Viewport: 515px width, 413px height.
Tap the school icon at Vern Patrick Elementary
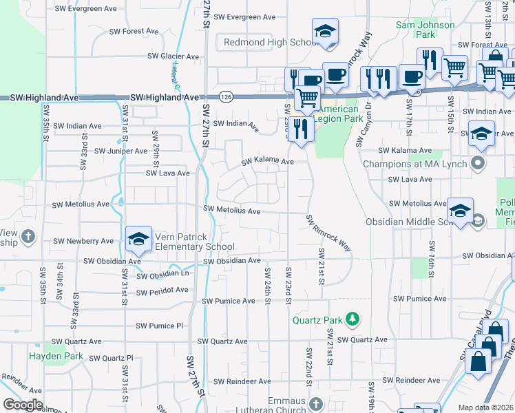(138, 239)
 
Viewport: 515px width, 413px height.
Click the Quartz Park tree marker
(353, 319)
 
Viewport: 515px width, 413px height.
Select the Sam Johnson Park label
(425, 30)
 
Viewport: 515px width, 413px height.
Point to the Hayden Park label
(56, 357)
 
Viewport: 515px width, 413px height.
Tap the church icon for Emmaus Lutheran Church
(315, 403)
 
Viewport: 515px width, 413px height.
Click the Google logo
(23, 405)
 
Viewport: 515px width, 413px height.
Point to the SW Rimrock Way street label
(329, 233)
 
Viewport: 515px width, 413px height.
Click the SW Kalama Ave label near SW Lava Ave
(267, 162)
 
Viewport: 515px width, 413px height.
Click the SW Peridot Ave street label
(162, 291)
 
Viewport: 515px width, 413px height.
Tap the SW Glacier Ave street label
(173, 56)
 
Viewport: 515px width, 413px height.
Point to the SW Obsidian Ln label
(162, 275)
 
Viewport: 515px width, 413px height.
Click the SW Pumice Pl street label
(160, 326)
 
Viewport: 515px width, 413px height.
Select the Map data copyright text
(485, 407)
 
